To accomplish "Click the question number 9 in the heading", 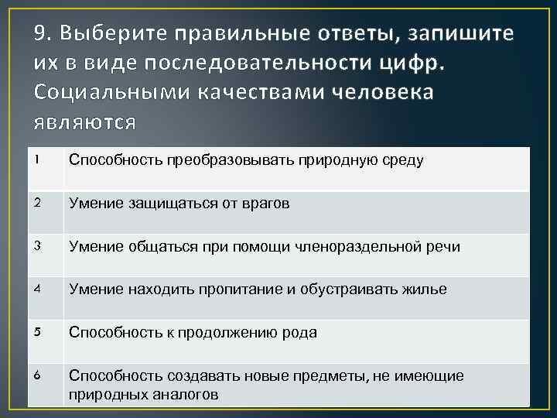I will [43, 34].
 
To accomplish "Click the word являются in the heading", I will [84, 121].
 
